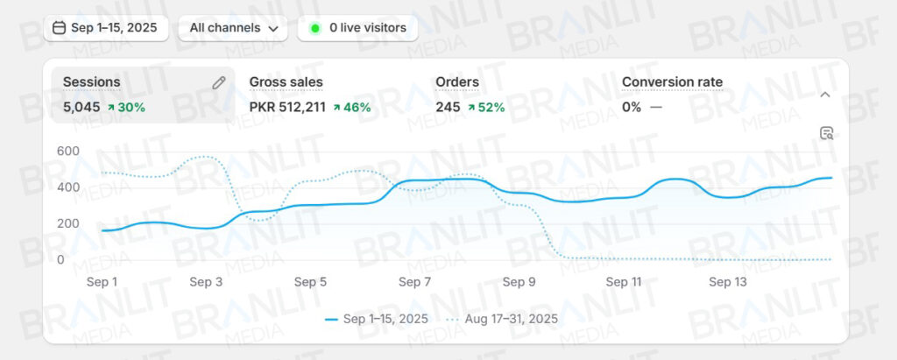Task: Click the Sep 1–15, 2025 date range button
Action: pyautogui.click(x=105, y=28)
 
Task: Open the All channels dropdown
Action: pyautogui.click(x=233, y=28)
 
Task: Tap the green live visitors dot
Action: pyautogui.click(x=314, y=28)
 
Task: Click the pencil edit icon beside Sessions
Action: pyautogui.click(x=219, y=82)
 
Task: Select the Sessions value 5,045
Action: pyautogui.click(x=81, y=107)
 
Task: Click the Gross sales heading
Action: pyautogui.click(x=286, y=82)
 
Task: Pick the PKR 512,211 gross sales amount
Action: pyautogui.click(x=287, y=107)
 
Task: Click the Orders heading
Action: pyautogui.click(x=457, y=82)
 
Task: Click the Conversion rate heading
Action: pyautogui.click(x=672, y=82)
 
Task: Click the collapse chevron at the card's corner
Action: pyautogui.click(x=824, y=95)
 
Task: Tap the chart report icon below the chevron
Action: pyautogui.click(x=826, y=133)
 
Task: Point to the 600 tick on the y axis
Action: pyautogui.click(x=67, y=151)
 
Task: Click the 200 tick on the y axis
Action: pyautogui.click(x=67, y=223)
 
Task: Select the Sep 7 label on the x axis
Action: pyautogui.click(x=414, y=282)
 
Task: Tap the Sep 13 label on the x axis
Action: pyautogui.click(x=727, y=282)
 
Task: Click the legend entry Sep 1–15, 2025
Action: pyautogui.click(x=377, y=319)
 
